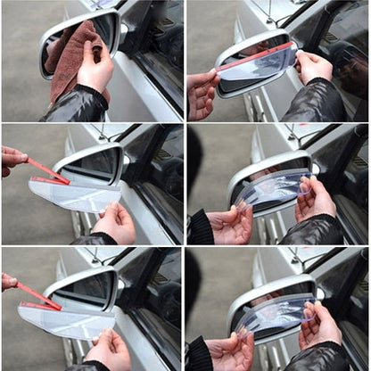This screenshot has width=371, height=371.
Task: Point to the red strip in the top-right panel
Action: pyautogui.click(x=254, y=57)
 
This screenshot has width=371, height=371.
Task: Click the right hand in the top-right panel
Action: pyautogui.click(x=314, y=66)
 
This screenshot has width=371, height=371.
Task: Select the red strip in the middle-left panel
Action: pyautogui.click(x=48, y=171)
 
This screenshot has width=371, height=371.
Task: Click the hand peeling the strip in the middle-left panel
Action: pyautogui.click(x=12, y=159)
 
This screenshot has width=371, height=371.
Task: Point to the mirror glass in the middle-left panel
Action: pyautogui.click(x=94, y=166)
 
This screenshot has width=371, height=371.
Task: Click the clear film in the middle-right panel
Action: pyautogui.click(x=272, y=189)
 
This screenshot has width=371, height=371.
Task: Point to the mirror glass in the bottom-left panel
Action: pyautogui.click(x=89, y=290)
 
